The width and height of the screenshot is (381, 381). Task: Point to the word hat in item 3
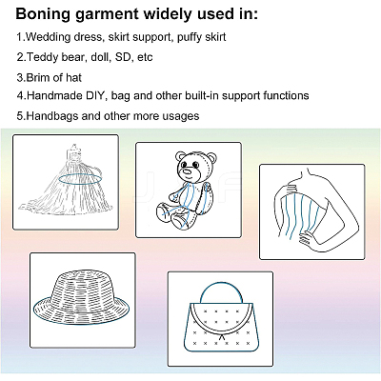[x=73, y=78]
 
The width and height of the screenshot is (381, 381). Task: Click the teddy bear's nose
[x=188, y=171]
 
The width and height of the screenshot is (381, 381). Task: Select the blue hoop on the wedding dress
[x=80, y=179]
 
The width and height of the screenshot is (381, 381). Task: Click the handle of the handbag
[x=221, y=283]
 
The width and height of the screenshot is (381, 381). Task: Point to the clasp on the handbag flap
[x=222, y=337]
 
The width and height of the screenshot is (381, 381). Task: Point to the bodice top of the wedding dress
[x=75, y=154]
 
